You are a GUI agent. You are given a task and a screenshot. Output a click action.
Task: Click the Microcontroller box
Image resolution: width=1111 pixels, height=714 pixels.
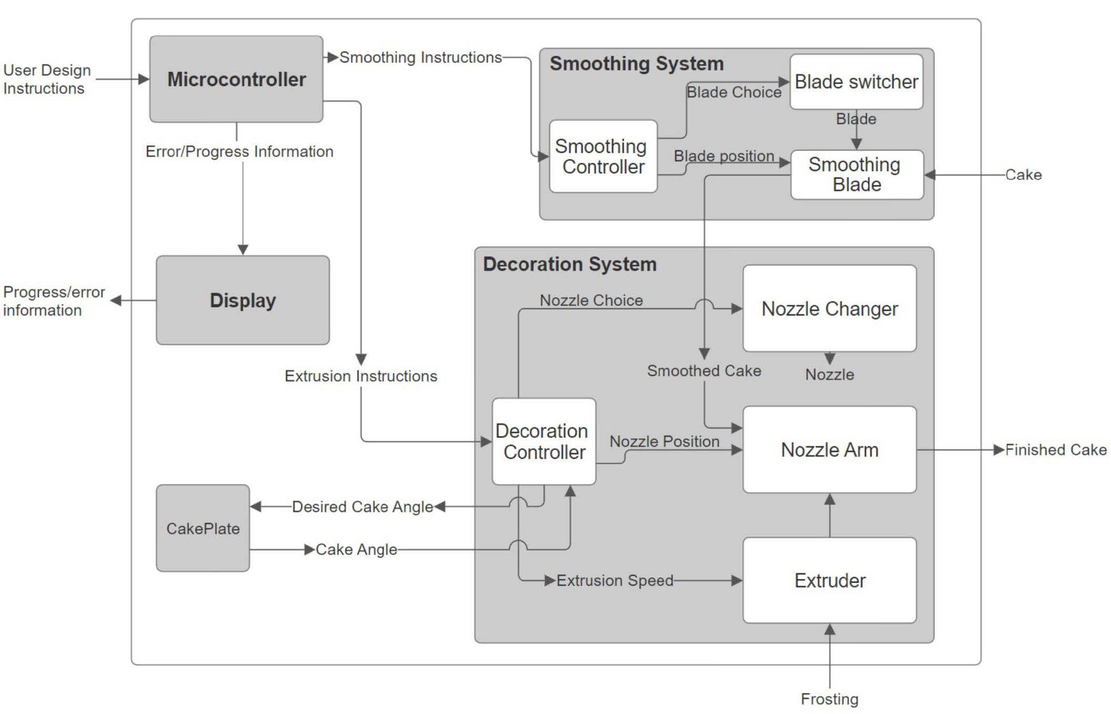coord(236,79)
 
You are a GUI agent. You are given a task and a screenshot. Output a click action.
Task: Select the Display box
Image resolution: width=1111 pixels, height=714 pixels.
coord(243,300)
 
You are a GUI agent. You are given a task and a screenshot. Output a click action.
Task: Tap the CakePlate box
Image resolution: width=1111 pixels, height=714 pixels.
coord(203,528)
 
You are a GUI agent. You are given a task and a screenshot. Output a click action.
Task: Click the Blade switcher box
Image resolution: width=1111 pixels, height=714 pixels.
coord(856,82)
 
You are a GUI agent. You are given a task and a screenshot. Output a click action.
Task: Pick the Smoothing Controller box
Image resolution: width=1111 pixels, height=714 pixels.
coord(603,156)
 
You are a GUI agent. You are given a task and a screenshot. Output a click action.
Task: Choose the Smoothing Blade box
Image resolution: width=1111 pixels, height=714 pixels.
coord(856,175)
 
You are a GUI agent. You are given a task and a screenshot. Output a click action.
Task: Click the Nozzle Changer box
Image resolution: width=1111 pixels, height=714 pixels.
coord(829,309)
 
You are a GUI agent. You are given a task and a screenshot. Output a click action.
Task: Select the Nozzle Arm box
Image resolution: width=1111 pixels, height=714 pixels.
coord(829,450)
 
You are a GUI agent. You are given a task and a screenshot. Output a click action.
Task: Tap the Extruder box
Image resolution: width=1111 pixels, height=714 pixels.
coord(829,580)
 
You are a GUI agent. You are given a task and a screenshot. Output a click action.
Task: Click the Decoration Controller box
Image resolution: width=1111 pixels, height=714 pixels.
coord(543,442)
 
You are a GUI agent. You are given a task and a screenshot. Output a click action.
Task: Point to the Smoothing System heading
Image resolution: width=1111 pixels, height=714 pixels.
coord(636,64)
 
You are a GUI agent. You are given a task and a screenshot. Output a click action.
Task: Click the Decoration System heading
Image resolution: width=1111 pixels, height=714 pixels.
coord(570,264)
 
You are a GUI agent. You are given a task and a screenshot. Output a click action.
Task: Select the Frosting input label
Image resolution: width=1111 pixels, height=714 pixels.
coord(829,699)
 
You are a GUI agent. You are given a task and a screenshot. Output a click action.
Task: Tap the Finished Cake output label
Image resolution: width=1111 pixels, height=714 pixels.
coord(1055,450)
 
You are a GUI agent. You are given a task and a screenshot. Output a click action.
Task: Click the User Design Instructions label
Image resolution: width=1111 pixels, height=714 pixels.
coord(46,79)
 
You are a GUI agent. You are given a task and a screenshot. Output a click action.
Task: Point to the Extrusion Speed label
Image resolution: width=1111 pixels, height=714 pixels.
coord(614,580)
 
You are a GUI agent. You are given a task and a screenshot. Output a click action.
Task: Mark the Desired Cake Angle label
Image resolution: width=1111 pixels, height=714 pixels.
coord(362,507)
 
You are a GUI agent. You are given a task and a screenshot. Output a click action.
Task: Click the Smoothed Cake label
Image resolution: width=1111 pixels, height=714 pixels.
coord(704,371)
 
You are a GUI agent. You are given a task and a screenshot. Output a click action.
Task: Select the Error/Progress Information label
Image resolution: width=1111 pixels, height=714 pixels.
coord(239,152)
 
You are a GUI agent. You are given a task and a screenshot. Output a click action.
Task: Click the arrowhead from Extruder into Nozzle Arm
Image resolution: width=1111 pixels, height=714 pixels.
coord(830,499)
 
